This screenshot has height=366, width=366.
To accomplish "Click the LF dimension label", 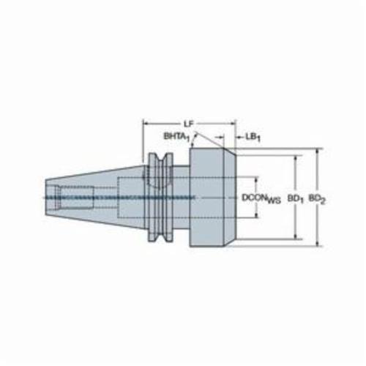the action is tap(188, 124).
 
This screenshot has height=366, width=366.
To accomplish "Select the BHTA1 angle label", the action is tap(176, 137).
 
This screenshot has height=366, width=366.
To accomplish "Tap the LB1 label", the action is tap(253, 138).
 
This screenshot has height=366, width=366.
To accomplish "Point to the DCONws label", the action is tap(261, 198).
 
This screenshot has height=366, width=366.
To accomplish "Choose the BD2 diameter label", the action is tap(317, 199).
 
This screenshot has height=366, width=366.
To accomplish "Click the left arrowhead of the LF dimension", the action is tap(146, 124).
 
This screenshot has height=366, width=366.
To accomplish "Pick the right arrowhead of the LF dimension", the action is tap(233, 124).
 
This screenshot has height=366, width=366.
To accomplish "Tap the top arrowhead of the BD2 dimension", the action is tap(317, 152).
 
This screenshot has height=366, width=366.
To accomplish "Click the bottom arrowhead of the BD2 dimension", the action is tap(317, 243).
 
